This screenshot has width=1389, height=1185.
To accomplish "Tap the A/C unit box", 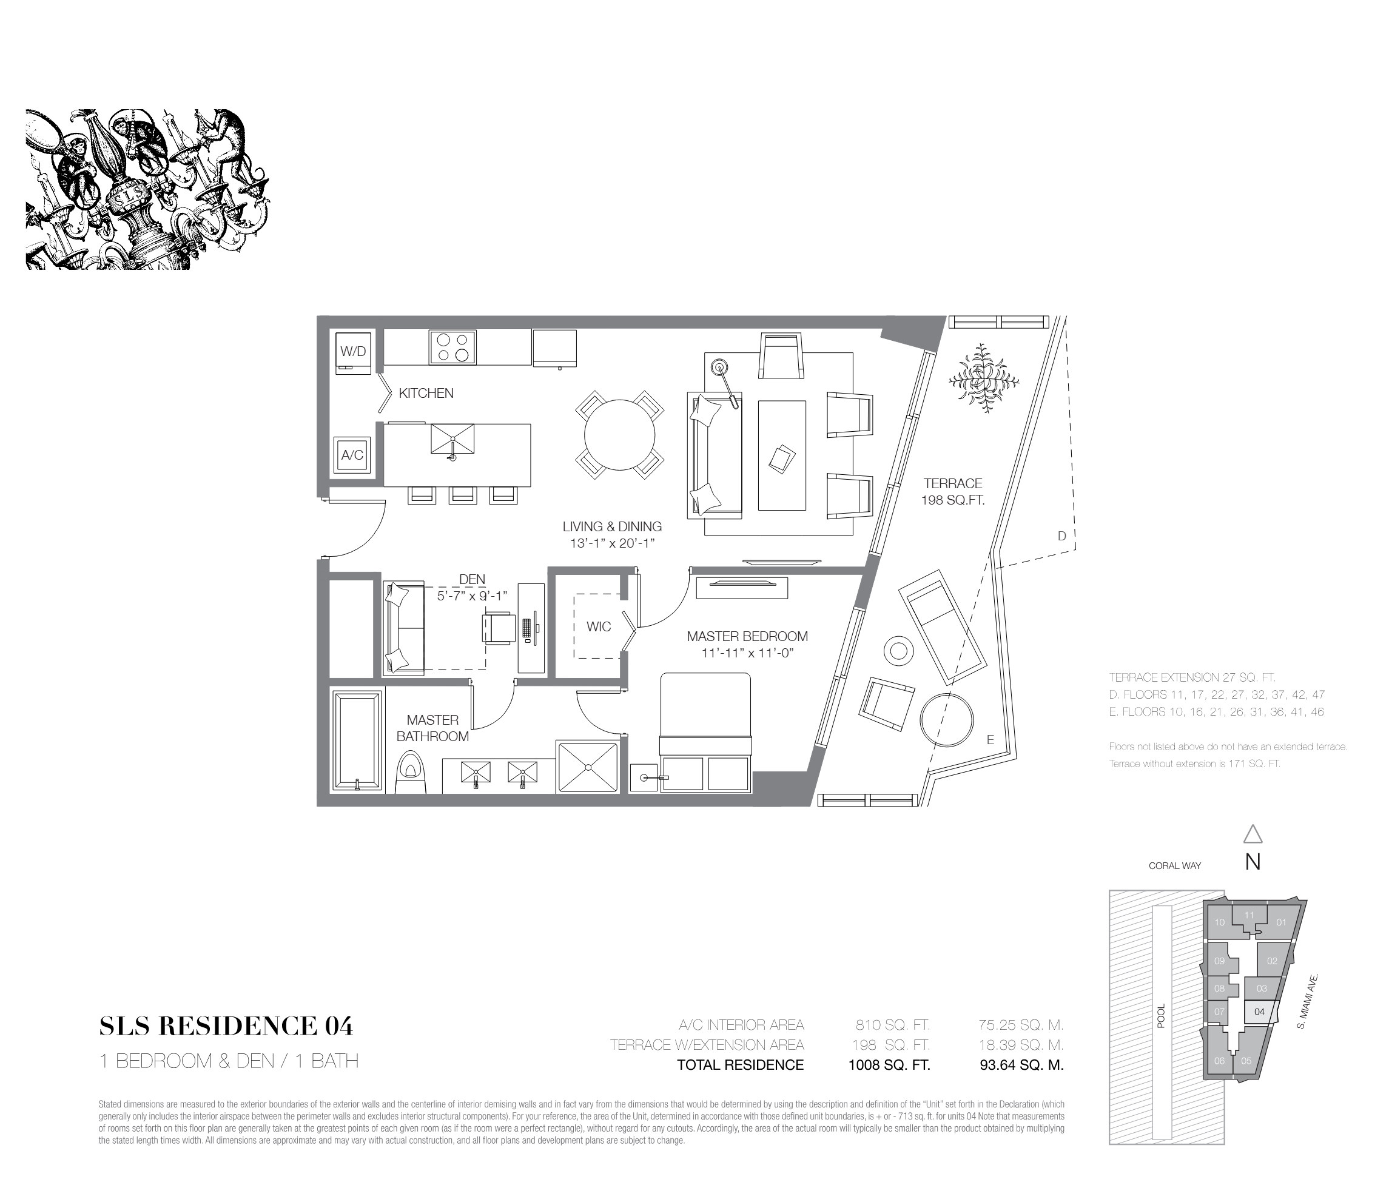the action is click(352, 455).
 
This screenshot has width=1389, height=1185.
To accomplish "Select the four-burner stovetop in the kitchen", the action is click(452, 346).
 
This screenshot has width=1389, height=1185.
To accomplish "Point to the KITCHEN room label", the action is click(426, 394).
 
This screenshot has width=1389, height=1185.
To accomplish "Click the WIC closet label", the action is click(599, 626).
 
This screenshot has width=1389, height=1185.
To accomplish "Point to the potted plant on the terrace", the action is click(983, 378).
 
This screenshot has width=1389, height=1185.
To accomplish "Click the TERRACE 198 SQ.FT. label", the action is click(953, 491).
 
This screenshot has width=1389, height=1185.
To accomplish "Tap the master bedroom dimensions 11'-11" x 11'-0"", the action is click(747, 652).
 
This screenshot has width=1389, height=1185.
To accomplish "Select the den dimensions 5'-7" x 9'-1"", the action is click(472, 595).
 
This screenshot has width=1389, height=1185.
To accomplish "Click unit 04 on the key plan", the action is click(1259, 1012).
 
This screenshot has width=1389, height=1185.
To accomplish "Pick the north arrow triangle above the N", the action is click(1253, 834).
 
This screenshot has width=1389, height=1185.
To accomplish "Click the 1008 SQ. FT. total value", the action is click(889, 1065).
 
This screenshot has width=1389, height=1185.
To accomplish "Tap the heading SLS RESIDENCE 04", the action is click(227, 1026).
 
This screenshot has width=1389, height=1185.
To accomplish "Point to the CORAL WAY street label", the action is click(1174, 866).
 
